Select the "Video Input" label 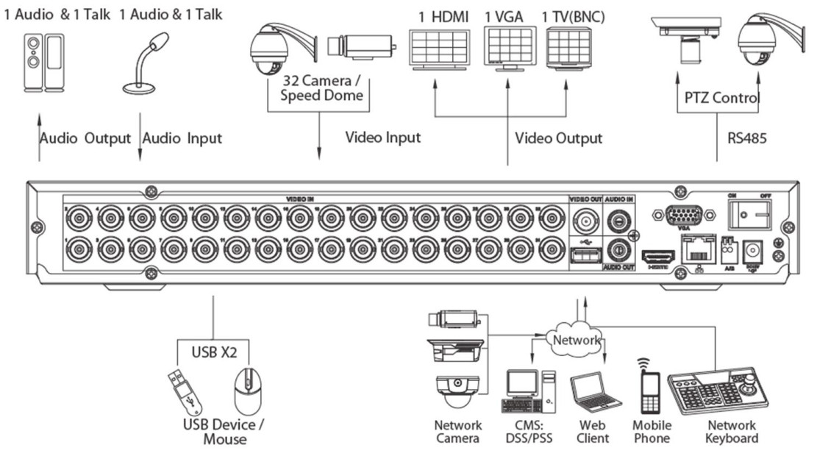[382, 138]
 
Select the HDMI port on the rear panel [657, 260]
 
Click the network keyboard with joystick [718, 393]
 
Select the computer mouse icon [248, 390]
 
